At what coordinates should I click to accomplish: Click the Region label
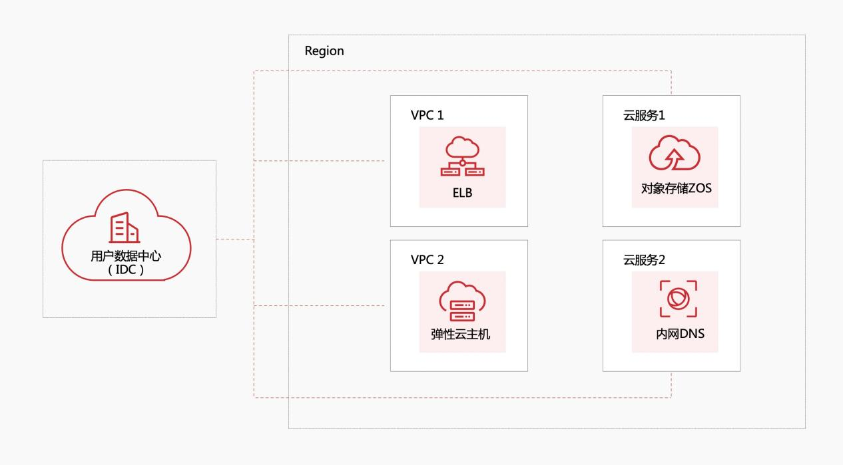coord(324,51)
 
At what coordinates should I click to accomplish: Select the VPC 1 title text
coord(427,115)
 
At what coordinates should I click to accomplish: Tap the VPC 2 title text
coord(427,259)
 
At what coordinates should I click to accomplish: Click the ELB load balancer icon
coord(462,157)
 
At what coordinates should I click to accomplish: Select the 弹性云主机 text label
coord(460,334)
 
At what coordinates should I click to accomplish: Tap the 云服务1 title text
coord(644,115)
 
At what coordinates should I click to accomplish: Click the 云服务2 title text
coord(644,259)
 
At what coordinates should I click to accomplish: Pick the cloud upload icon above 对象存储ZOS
coord(675,154)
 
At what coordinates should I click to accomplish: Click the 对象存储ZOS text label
coord(676,188)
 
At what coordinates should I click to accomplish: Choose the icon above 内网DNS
coord(678,299)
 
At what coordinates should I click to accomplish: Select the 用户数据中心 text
coord(126,256)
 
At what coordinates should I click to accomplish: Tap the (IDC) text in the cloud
coord(126,271)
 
